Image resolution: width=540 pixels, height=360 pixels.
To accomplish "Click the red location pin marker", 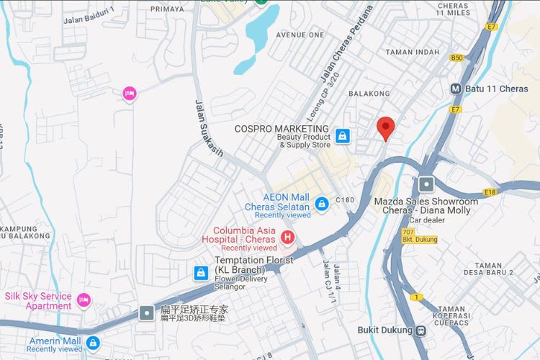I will pos(386,128).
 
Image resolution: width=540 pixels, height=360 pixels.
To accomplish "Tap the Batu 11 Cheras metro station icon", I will pos(456,89).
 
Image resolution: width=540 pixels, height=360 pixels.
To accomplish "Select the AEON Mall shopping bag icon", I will pos(321,204).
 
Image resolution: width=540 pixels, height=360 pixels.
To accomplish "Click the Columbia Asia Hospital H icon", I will pos(287,236).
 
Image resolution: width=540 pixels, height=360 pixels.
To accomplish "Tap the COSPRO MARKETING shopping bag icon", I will pos(343,135).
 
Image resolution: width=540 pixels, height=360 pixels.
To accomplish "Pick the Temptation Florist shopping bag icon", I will pos(201,273).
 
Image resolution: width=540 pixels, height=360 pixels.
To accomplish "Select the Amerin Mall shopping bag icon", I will pos(93,342).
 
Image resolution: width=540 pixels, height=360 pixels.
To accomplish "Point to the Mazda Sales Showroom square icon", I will pos(426,184).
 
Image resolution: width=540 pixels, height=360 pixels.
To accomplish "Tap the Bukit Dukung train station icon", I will pos(420,330).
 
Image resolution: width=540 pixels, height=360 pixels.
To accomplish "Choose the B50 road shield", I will pos(456,58).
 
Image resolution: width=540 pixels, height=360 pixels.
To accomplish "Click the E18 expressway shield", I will pos(491,192).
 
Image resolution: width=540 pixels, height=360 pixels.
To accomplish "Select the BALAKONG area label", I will pos(369,94).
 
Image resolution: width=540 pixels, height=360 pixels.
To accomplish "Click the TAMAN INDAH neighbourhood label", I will pos(412,52).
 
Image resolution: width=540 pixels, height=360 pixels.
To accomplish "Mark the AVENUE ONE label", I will pos(300,35).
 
